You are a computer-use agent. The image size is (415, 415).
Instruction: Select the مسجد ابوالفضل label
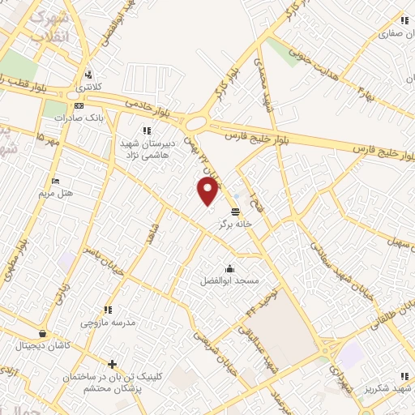pos(229,280)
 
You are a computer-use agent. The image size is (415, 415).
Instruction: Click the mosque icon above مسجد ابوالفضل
pos(229,269)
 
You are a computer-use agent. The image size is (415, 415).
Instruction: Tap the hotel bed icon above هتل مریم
pos(55,181)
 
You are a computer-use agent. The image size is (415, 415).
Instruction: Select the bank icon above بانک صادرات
pos(78,105)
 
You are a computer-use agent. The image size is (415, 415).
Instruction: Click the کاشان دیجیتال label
pos(41,345)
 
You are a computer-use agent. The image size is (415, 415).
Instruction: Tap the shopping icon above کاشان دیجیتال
pos(41,333)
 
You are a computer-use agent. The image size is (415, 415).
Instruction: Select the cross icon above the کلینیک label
pos(112,364)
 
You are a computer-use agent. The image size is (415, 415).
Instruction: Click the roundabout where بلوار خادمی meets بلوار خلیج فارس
pos(196,124)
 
